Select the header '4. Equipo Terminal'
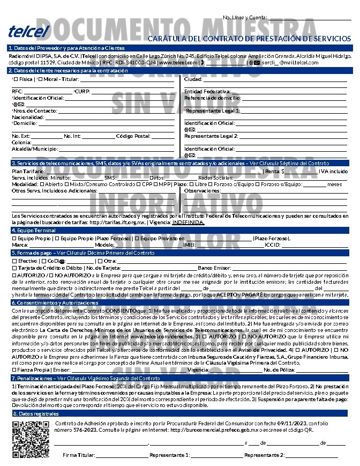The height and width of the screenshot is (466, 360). click(33, 230)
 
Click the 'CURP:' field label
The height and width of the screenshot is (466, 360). click(82, 92)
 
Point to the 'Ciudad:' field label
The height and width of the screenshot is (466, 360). click(193, 79)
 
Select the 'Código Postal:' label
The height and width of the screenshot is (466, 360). click(133, 136)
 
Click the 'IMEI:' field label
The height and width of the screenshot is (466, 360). click(189, 245)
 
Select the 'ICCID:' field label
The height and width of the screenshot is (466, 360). click(273, 245)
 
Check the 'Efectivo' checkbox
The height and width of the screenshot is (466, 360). click(14, 261)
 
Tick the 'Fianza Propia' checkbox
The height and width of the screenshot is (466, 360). click(14, 369)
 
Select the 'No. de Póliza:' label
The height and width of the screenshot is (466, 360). click(280, 369)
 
